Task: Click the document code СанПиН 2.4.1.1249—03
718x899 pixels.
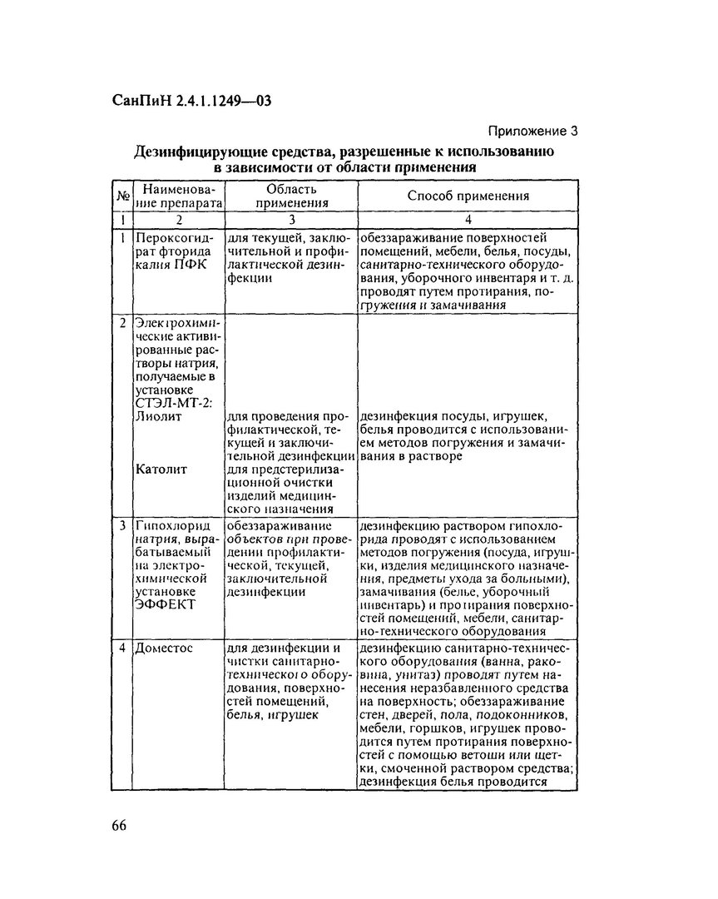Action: pyautogui.click(x=192, y=102)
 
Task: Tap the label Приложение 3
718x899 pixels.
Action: pyautogui.click(x=532, y=131)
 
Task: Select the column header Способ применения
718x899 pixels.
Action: pyautogui.click(x=468, y=196)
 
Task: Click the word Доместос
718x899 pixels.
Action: pyautogui.click(x=166, y=648)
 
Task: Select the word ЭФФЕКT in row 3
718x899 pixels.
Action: pyautogui.click(x=164, y=604)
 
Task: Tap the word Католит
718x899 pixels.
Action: pyautogui.click(x=161, y=469)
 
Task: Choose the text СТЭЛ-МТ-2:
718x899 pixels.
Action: pyautogui.click(x=173, y=403)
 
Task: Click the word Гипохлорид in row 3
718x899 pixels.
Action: pyautogui.click(x=173, y=525)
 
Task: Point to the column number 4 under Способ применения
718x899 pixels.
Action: pyautogui.click(x=468, y=221)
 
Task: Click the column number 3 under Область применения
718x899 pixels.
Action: pyautogui.click(x=290, y=221)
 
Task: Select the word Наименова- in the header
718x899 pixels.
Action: pyautogui.click(x=178, y=191)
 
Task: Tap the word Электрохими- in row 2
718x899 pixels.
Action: pyautogui.click(x=177, y=323)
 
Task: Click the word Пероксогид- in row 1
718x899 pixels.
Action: pyautogui.click(x=175, y=239)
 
